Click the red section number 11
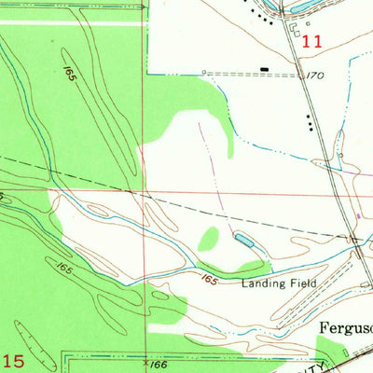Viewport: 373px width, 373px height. click(311, 41)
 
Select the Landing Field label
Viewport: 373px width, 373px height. click(279, 283)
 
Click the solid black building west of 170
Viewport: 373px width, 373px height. click(265, 69)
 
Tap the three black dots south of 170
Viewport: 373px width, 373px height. click(309, 119)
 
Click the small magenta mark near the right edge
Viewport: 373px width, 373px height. click(359, 217)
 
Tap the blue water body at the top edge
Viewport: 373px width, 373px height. click(308, 6)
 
